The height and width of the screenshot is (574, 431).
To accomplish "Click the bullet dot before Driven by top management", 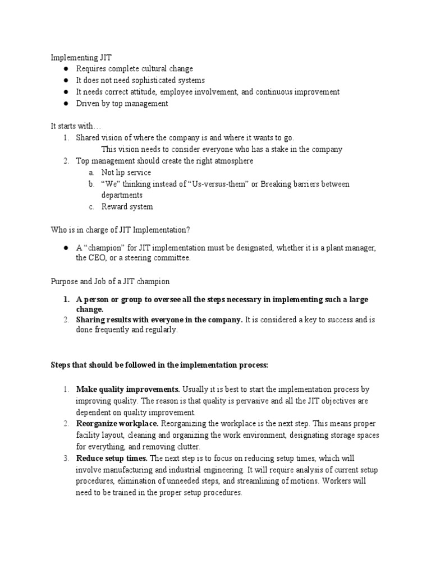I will pyautogui.click(x=66, y=104).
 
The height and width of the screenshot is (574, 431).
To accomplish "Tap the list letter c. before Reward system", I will pyautogui.click(x=91, y=207).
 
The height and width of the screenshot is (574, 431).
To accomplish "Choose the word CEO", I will pyautogui.click(x=97, y=258).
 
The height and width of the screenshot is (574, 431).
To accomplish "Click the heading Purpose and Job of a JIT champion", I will pyautogui.click(x=110, y=281).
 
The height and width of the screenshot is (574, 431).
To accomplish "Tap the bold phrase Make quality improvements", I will pyautogui.click(x=128, y=389).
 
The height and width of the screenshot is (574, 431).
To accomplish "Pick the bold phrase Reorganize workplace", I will pyautogui.click(x=118, y=424).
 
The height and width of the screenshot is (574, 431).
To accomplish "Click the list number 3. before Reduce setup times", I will pyautogui.click(x=66, y=459).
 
